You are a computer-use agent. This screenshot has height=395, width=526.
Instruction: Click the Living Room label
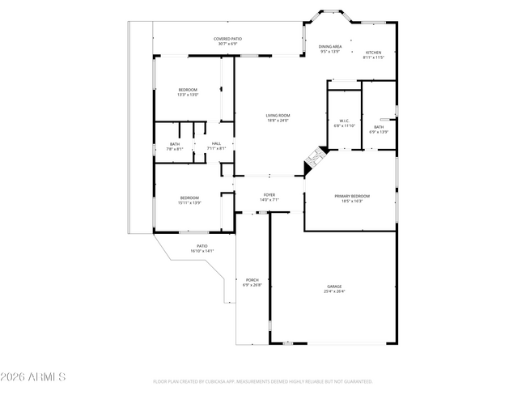click(x=278, y=116)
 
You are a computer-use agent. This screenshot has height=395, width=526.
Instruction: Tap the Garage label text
click(x=334, y=287)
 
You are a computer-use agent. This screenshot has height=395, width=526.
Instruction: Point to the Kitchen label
click(x=373, y=53)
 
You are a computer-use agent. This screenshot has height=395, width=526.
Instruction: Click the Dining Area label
click(x=329, y=47)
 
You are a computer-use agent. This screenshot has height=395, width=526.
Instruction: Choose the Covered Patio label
click(x=227, y=39)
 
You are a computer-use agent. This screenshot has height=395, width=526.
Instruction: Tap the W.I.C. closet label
click(x=344, y=121)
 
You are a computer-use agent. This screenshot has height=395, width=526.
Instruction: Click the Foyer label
click(x=269, y=195)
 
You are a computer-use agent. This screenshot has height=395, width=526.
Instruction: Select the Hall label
click(x=217, y=144)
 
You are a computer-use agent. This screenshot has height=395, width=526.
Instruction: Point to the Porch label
click(x=252, y=281)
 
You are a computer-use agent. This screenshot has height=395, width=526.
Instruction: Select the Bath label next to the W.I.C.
click(x=379, y=127)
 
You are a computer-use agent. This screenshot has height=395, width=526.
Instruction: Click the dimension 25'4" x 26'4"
click(x=334, y=291)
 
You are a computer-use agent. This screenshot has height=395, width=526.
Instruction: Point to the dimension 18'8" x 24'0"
click(x=278, y=121)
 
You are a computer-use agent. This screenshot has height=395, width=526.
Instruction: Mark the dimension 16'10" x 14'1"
click(x=201, y=251)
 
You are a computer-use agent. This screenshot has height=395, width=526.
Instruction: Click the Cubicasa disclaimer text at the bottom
click(x=262, y=380)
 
